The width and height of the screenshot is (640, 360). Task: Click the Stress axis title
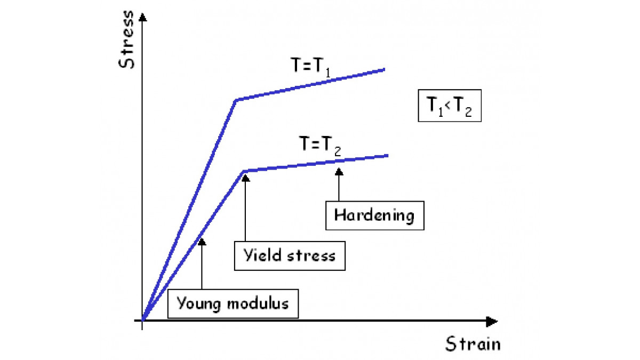click(126, 39)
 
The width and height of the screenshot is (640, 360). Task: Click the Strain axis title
click(473, 343)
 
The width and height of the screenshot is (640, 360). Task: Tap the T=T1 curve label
click(310, 67)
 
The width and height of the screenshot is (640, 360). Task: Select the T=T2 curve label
click(319, 146)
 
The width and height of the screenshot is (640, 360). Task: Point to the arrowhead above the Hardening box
click(339, 171)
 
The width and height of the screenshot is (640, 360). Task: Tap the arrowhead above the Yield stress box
click(245, 178)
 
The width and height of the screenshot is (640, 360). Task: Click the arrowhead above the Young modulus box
click(202, 242)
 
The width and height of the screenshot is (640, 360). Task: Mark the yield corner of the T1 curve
click(236, 100)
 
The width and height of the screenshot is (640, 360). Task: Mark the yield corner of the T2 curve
click(245, 171)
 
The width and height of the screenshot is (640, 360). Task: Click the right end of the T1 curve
click(385, 69)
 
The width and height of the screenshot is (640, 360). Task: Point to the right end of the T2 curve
click(388, 156)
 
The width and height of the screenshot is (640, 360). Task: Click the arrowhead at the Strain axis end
click(492, 322)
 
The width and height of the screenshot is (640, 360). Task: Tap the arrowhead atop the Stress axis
click(142, 17)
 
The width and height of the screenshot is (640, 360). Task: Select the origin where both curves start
click(142, 321)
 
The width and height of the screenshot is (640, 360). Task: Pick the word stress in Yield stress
click(311, 255)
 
